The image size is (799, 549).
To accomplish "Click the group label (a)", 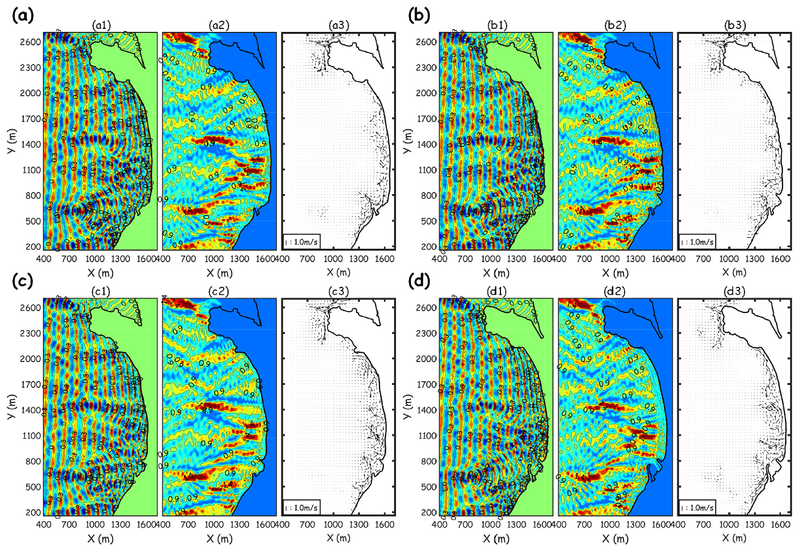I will (23, 15).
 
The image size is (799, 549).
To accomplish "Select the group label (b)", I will (419, 15).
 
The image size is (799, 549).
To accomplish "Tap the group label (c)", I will (22, 281).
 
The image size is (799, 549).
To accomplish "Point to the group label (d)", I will (419, 281).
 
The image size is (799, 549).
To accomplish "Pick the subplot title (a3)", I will (338, 25).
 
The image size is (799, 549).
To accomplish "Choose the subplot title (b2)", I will (615, 25).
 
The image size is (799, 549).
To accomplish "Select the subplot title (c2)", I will (219, 291).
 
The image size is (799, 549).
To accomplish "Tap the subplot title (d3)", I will (734, 291).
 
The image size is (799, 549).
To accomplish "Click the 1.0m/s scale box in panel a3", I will (301, 242).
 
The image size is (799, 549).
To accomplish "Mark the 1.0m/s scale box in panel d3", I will (697, 508).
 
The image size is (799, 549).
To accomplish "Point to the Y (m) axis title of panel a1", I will (12, 141).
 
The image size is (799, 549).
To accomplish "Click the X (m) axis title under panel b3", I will (734, 272).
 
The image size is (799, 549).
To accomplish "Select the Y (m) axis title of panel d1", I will (408, 407).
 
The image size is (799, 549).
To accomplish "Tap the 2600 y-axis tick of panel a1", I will (30, 42).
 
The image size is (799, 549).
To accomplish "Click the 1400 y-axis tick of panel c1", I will (30, 410).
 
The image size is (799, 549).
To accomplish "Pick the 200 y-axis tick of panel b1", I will (430, 246).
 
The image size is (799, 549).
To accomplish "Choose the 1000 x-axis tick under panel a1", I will (95, 259).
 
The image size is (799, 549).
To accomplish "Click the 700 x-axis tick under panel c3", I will (307, 524).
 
